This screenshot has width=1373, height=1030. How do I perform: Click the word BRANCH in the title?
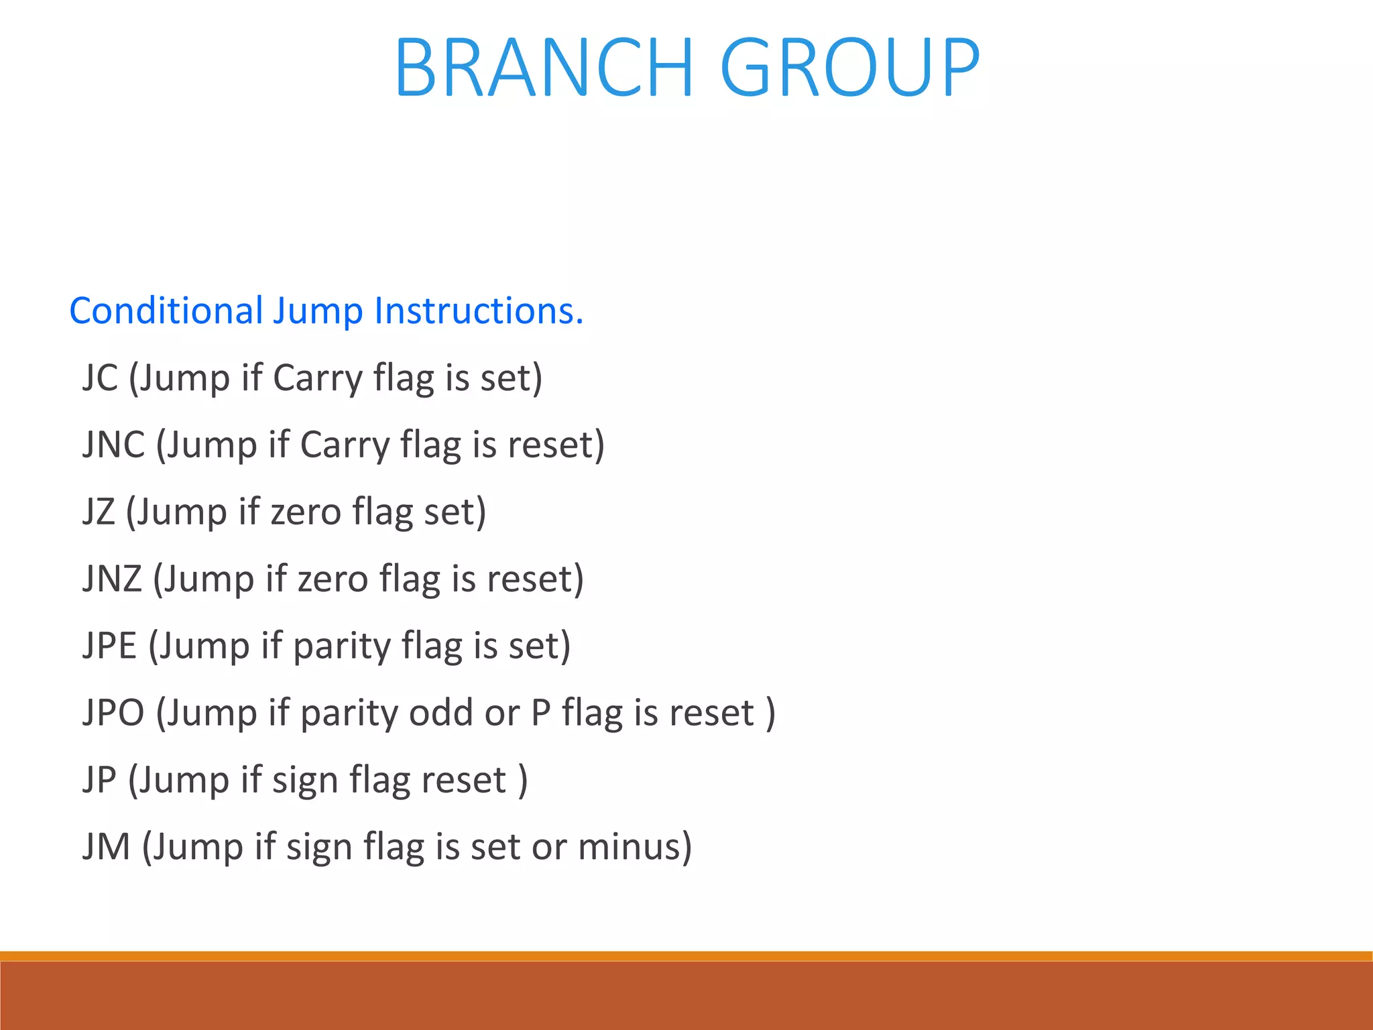pyautogui.click(x=544, y=68)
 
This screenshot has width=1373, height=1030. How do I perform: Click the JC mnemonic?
pyautogui.click(x=100, y=378)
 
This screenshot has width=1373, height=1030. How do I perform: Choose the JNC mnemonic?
pyautogui.click(x=113, y=445)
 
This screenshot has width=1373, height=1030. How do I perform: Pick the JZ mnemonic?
pyautogui.click(x=99, y=512)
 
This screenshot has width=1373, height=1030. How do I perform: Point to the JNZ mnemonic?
pyautogui.click(x=112, y=579)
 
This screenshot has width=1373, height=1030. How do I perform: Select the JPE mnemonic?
pyautogui.click(x=109, y=646)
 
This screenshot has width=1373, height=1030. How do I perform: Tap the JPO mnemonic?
pyautogui.click(x=113, y=713)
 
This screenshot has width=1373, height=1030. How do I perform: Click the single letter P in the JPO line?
pyautogui.click(x=541, y=713)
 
